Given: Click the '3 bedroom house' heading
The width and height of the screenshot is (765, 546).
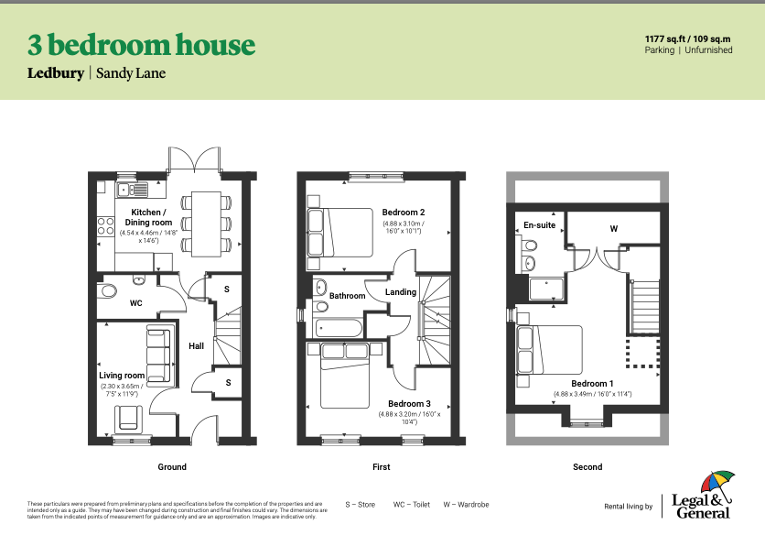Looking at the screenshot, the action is coord(141,45).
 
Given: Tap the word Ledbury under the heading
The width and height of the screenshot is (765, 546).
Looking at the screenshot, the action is coord(56,73).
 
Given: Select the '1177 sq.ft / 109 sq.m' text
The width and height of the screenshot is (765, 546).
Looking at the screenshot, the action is coord(687,39).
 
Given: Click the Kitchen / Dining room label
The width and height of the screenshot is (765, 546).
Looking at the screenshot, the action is coord(148,217).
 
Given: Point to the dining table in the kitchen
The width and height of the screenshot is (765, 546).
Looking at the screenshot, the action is coord(206,224).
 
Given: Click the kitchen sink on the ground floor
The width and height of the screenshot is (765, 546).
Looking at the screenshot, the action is coord(132,189).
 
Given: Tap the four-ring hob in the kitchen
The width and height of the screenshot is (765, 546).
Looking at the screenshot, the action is coord(106,226).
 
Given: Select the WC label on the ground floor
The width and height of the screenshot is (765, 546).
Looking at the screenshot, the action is coord(136,303).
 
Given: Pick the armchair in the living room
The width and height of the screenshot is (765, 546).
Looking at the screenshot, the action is coord(129,419).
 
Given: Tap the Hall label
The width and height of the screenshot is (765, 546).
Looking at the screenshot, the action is coord(196,346).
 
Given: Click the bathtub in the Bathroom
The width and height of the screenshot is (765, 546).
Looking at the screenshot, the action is coord(339,328).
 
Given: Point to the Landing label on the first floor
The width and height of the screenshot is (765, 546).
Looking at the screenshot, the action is coord(401,292).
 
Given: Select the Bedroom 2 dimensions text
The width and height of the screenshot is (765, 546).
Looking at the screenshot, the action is coord(404,227).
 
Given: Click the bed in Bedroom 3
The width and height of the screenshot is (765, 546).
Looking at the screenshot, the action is coord(345,376).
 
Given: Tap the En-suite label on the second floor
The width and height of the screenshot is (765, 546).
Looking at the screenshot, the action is coord(540,225).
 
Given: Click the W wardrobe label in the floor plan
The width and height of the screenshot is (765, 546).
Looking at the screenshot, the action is coord(614,228).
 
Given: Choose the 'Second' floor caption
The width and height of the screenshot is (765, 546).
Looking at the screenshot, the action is coord(587,467).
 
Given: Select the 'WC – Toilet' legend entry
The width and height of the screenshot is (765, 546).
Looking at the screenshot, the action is coord(412,505).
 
